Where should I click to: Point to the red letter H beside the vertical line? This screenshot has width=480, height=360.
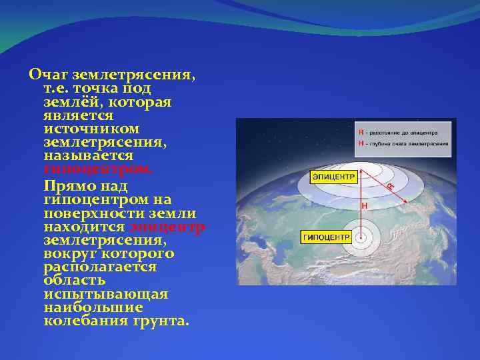pyautogui.click(x=365, y=207)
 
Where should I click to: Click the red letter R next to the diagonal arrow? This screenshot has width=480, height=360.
pyautogui.click(x=390, y=186)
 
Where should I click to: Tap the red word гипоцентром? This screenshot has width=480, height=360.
pyautogui.click(x=98, y=169)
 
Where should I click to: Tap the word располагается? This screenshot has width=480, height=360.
pyautogui.click(x=100, y=267)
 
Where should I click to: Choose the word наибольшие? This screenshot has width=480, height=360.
pyautogui.click(x=93, y=307)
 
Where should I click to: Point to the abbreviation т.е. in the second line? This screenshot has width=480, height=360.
pyautogui.click(x=58, y=88)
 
